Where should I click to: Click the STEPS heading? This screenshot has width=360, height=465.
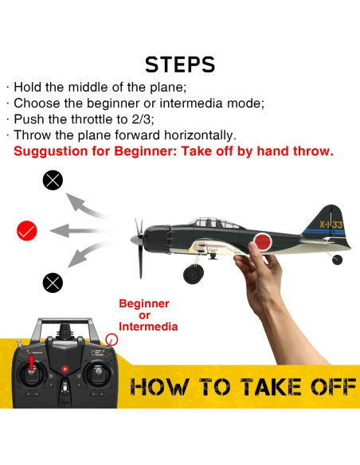180,64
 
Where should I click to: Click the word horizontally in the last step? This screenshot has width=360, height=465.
192,135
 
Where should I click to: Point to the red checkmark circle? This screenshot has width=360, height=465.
27,231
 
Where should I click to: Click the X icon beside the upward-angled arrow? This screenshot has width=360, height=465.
53,181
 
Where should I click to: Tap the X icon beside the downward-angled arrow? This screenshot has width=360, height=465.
53,281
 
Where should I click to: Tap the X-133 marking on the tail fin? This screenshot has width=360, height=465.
327,225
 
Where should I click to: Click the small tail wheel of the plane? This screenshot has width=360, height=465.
338,259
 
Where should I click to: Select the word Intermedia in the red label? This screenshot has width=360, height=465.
148,326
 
